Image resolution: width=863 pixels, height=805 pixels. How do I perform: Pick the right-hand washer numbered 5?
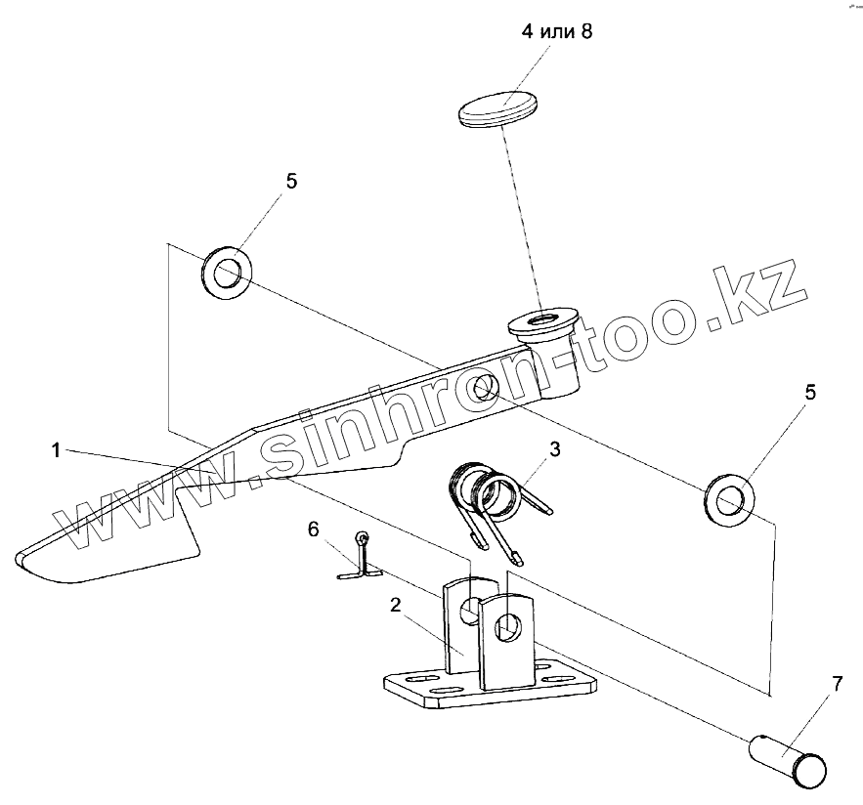point(729,499)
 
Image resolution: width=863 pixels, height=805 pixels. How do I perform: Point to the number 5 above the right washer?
point(809,393)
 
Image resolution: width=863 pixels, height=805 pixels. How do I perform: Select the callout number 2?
point(395,606)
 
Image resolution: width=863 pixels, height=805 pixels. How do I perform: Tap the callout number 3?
point(554,449)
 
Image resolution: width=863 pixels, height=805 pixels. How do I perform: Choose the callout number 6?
point(313,529)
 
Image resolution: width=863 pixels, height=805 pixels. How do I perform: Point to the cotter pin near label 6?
point(360,561)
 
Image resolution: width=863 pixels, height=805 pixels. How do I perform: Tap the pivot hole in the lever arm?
point(481,389)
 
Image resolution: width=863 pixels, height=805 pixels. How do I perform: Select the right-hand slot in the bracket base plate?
point(558,677)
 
